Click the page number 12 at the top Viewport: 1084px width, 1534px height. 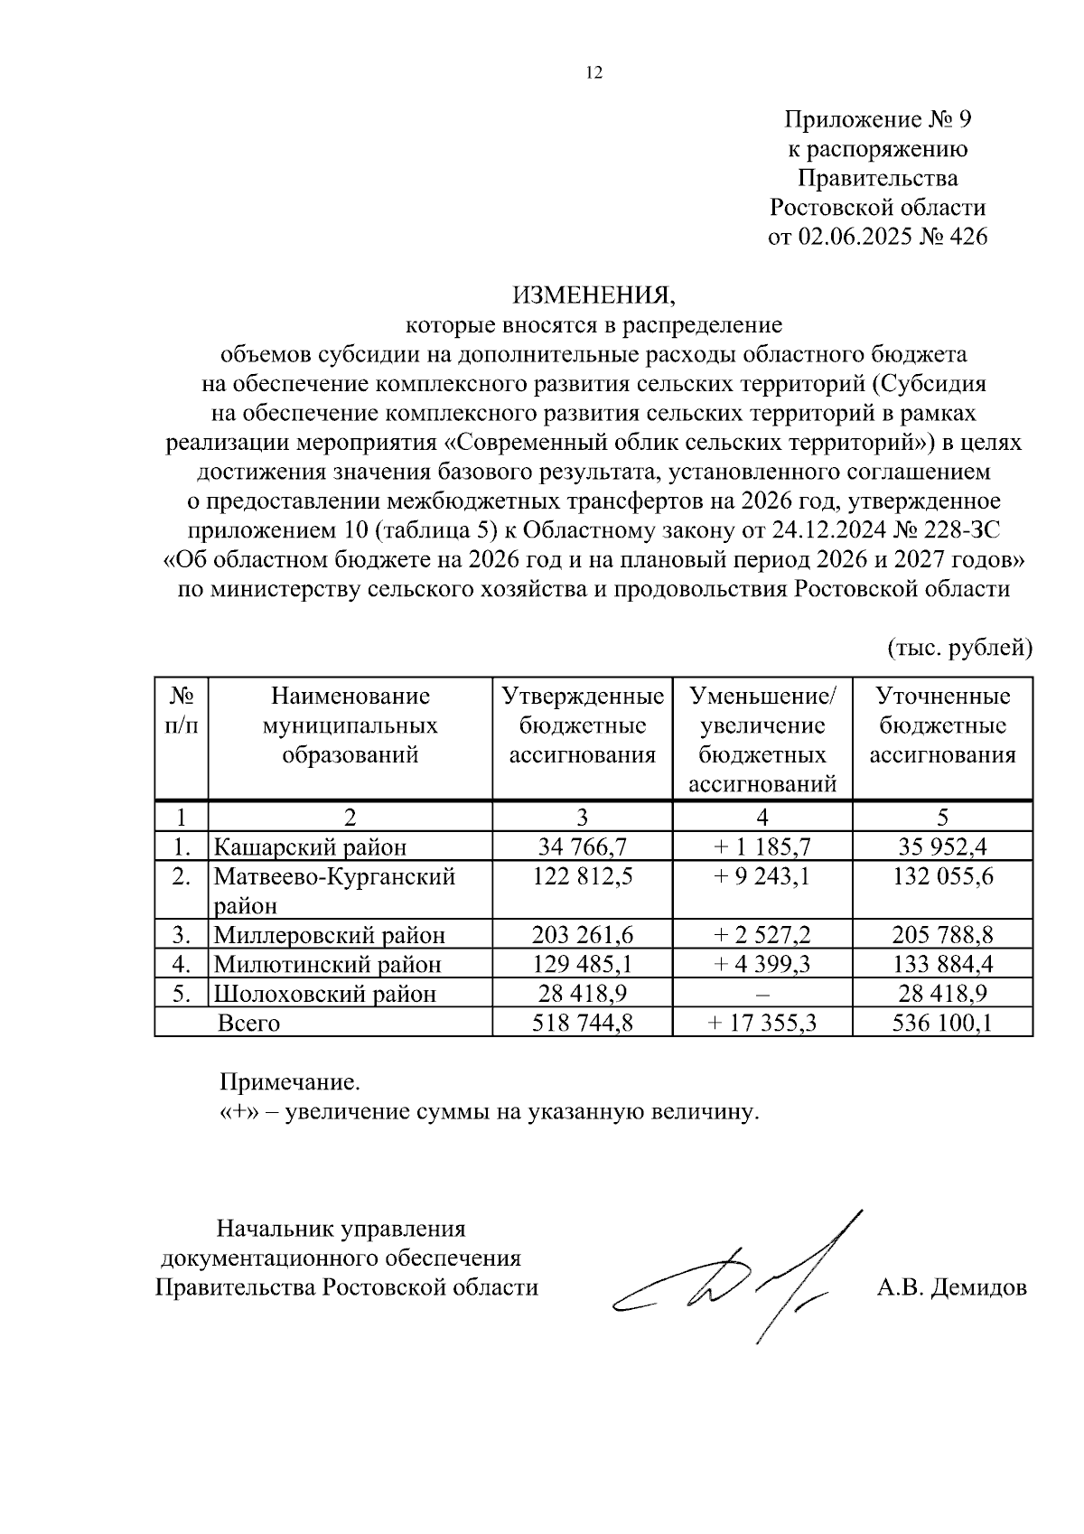[x=593, y=73]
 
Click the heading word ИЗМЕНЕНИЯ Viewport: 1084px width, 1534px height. [x=593, y=295]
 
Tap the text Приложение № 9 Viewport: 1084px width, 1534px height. [x=876, y=119]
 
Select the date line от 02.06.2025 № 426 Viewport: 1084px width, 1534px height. [x=876, y=237]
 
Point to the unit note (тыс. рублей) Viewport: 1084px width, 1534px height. [x=959, y=648]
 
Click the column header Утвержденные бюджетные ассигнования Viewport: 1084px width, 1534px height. [x=582, y=725]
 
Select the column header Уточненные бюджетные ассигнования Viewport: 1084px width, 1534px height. [x=942, y=725]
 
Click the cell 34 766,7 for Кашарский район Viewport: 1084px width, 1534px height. [x=582, y=847]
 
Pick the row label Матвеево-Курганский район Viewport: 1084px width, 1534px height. [x=334, y=890]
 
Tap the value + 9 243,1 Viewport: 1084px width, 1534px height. [x=762, y=876]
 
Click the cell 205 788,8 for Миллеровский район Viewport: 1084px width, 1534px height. [x=942, y=934]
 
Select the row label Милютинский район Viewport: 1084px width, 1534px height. [x=327, y=964]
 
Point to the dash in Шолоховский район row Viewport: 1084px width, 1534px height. [x=762, y=994]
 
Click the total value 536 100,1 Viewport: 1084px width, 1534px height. [x=942, y=1023]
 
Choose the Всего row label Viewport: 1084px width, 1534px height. [x=249, y=1023]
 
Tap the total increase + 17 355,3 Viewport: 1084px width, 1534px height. [x=762, y=1023]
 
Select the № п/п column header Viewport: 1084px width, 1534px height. [x=182, y=711]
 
